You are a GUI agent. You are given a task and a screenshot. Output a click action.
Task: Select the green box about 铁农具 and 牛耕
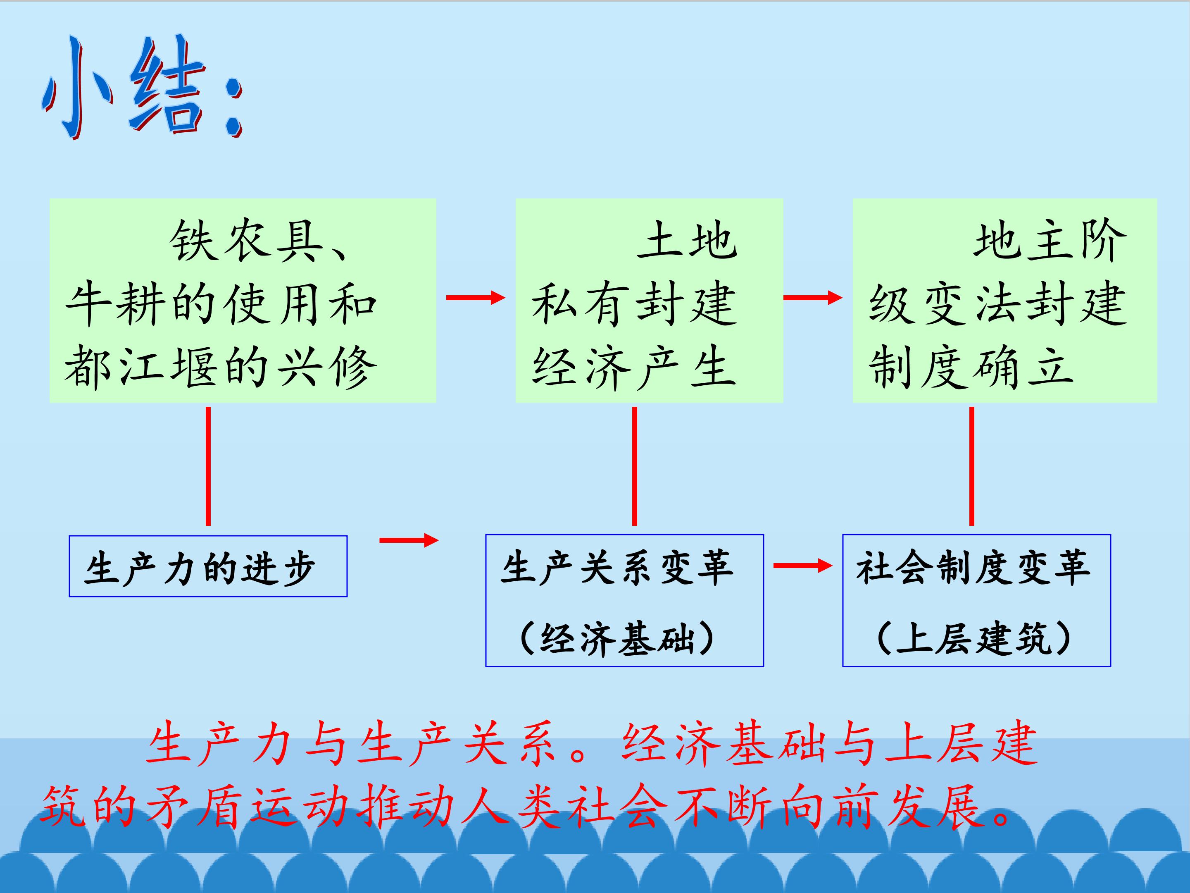coord(243,301)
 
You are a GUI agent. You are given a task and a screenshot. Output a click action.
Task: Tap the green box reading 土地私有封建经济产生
coord(650,301)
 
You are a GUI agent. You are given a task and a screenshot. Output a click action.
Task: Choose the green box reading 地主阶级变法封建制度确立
coord(1005,301)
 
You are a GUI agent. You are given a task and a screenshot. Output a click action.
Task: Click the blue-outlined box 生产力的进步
coord(208,566)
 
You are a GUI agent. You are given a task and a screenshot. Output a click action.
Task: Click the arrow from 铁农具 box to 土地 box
coord(476,297)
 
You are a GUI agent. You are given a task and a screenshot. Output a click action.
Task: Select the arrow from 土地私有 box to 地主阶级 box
coord(813,297)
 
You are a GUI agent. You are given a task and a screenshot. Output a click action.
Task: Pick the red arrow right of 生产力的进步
coord(409,540)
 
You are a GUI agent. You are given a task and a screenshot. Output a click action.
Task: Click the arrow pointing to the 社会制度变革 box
coord(803,565)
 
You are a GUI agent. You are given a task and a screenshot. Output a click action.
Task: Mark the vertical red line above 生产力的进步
coord(208,466)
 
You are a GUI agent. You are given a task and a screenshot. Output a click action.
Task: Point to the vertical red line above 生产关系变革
coord(634,466)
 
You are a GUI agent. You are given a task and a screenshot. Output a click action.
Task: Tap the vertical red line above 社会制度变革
coord(971,466)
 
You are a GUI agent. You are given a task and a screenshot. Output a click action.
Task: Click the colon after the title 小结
coord(233,107)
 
